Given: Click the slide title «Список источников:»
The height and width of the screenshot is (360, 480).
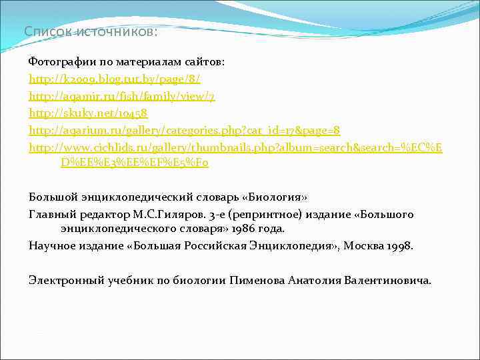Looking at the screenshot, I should click(x=91, y=31).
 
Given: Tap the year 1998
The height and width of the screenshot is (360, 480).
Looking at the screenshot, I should click(x=398, y=246).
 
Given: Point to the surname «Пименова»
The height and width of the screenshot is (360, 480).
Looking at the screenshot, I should click(x=257, y=280).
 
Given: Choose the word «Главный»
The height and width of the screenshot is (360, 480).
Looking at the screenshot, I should click(x=51, y=214).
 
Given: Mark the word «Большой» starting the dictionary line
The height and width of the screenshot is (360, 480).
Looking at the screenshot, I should click(x=51, y=197).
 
